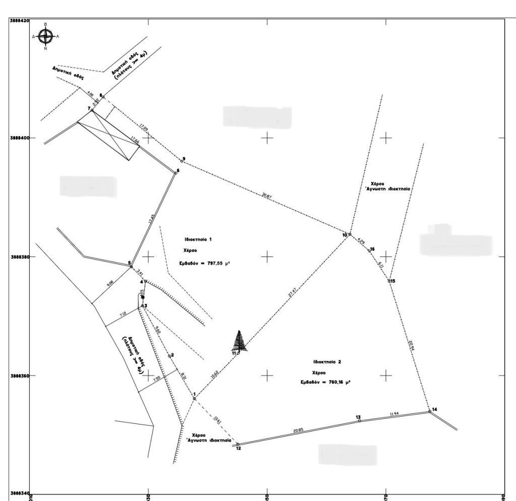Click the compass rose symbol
pyautogui.click(x=46, y=36)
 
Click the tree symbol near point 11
pyautogui.click(x=240, y=341)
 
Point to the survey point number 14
pyautogui.click(x=435, y=409)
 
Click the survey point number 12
pyautogui.click(x=238, y=449)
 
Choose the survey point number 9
pyautogui.click(x=184, y=159)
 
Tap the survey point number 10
pyautogui.click(x=345, y=235)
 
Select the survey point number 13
pyautogui.click(x=358, y=417)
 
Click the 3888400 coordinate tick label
pyautogui.click(x=19, y=138)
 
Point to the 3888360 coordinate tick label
pyautogui.click(x=19, y=376)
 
